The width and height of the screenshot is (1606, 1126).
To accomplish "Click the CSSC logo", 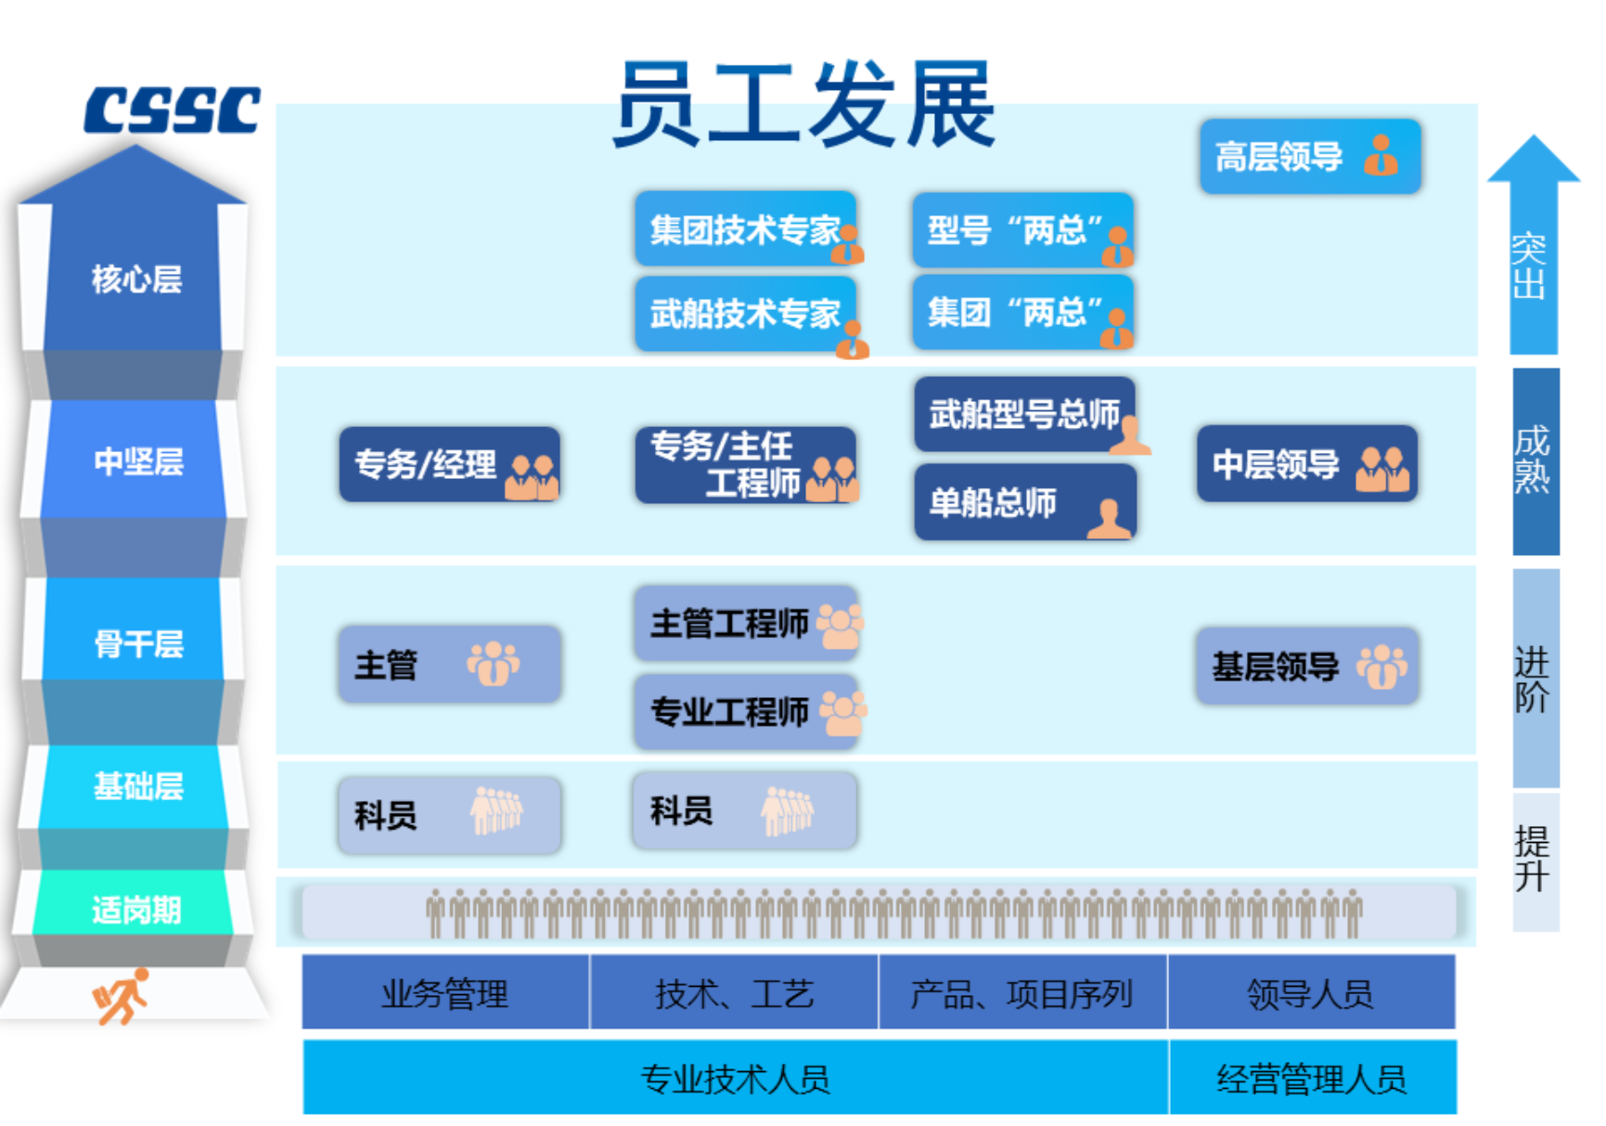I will [172, 110].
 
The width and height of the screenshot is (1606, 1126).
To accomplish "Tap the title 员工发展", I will [803, 104].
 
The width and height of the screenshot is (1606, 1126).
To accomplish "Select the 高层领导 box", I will [1309, 156].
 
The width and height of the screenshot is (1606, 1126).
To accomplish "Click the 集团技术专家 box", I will [745, 229].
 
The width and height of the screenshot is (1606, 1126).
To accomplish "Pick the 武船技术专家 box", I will [745, 314].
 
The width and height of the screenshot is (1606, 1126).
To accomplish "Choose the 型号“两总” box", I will [1022, 229].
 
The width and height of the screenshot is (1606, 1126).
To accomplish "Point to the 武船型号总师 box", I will [1024, 414].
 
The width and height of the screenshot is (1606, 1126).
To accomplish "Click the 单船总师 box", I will [1024, 502].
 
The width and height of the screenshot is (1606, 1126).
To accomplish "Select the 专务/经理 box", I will [449, 464].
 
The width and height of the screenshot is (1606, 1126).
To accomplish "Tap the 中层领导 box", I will [1306, 464].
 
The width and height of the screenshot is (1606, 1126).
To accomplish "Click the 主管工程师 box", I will [745, 623].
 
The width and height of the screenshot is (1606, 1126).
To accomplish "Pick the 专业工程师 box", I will [745, 712].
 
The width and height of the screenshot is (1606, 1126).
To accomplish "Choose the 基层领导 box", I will [1306, 666].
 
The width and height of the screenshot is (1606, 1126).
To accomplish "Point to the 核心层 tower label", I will [136, 278].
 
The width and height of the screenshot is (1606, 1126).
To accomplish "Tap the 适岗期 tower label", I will [136, 909].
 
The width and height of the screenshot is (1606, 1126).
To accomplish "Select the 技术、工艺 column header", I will [734, 993].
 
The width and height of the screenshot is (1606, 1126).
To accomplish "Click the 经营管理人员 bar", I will [1311, 1078].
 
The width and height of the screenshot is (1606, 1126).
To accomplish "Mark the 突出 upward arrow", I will [1533, 251].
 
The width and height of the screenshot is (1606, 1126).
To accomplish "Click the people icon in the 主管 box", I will [493, 664].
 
